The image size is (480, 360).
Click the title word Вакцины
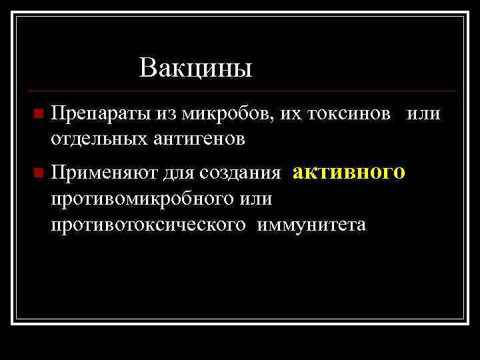click(x=196, y=68)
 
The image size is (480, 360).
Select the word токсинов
click(x=349, y=114)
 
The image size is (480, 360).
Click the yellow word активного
click(x=349, y=172)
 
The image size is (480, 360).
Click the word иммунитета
click(x=315, y=225)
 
